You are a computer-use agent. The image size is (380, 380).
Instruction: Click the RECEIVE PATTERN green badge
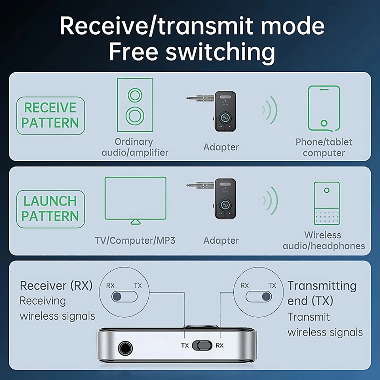click(51, 116)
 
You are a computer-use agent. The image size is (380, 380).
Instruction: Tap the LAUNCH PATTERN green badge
click(51, 209)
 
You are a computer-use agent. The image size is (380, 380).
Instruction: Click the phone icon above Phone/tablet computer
click(324, 108)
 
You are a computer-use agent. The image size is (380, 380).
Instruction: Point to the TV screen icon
click(135, 199)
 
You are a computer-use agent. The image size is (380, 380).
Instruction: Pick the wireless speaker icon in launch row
click(326, 203)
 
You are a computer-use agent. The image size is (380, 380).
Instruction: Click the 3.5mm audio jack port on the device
click(125, 348)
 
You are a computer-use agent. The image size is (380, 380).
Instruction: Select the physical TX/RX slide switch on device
click(201, 345)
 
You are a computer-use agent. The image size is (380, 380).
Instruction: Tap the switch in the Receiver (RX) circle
click(124, 296)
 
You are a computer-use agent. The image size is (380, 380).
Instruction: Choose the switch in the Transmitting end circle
click(259, 296)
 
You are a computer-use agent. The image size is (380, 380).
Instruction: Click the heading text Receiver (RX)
click(56, 285)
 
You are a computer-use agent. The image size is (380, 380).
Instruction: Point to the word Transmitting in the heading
click(322, 285)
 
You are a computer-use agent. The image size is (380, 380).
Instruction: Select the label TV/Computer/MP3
click(135, 241)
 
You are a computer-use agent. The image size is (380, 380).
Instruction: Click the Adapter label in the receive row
click(221, 147)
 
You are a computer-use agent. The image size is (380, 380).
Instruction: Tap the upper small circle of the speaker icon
click(135, 95)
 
